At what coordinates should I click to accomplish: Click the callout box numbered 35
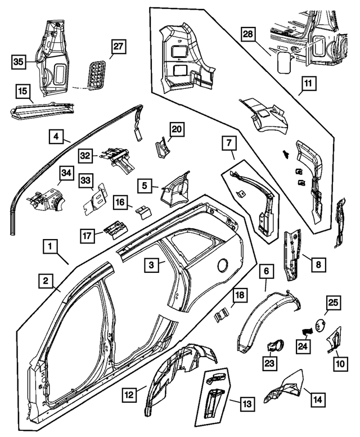tap(18, 62)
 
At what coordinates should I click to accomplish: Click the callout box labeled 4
tap(56, 136)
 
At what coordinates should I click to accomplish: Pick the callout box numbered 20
tap(177, 129)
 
